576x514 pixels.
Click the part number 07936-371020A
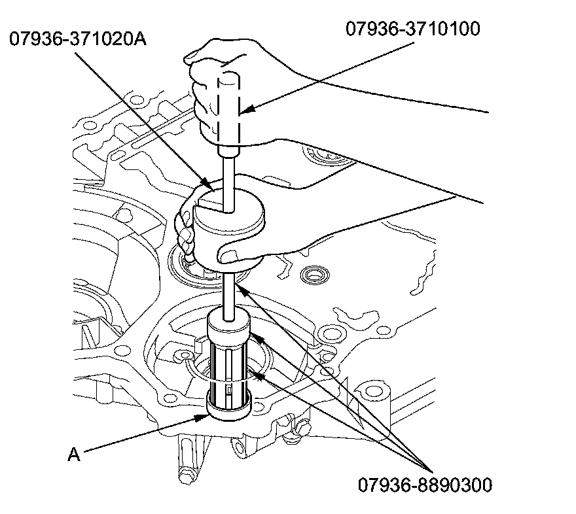78,39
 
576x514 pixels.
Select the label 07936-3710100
413,29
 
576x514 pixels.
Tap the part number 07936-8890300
425,485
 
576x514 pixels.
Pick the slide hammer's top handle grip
229,108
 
